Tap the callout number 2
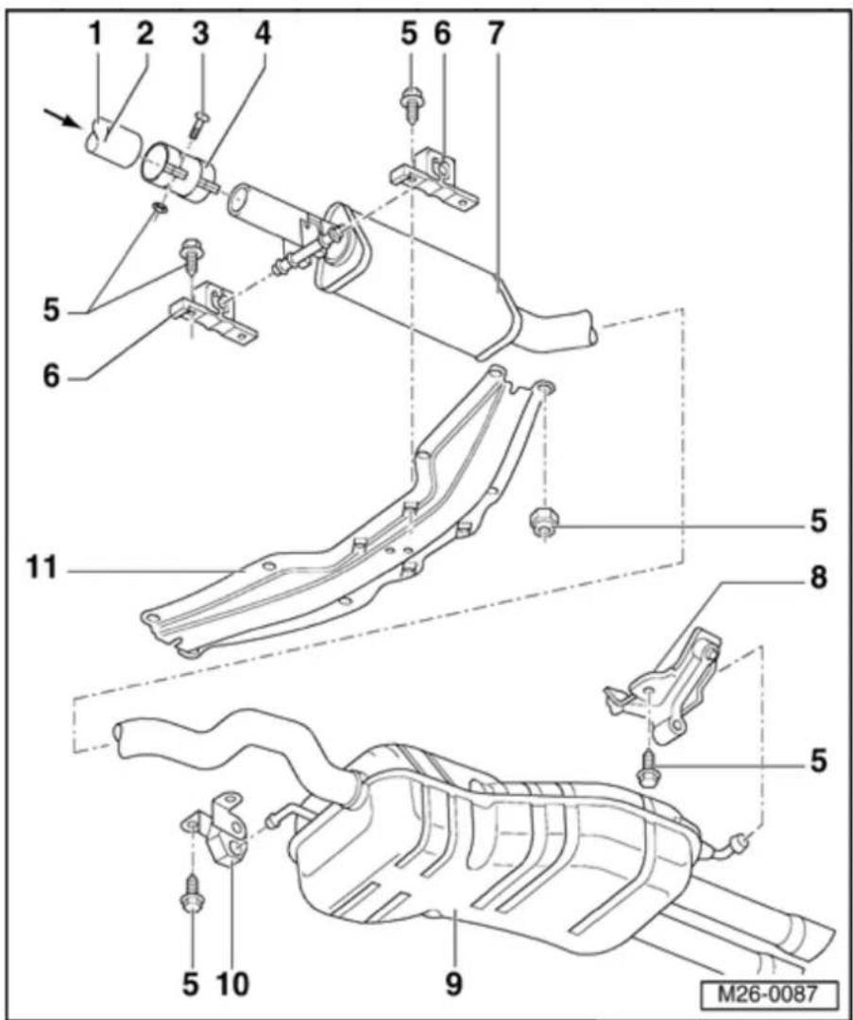(x=145, y=34)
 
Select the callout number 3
(x=201, y=34)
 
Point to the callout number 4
(x=263, y=34)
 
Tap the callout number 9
(x=453, y=983)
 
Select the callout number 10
(x=233, y=983)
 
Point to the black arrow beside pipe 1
(x=60, y=117)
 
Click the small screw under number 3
(x=197, y=124)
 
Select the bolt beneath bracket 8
(x=648, y=769)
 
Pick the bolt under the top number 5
(x=411, y=103)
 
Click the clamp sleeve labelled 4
(x=179, y=172)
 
